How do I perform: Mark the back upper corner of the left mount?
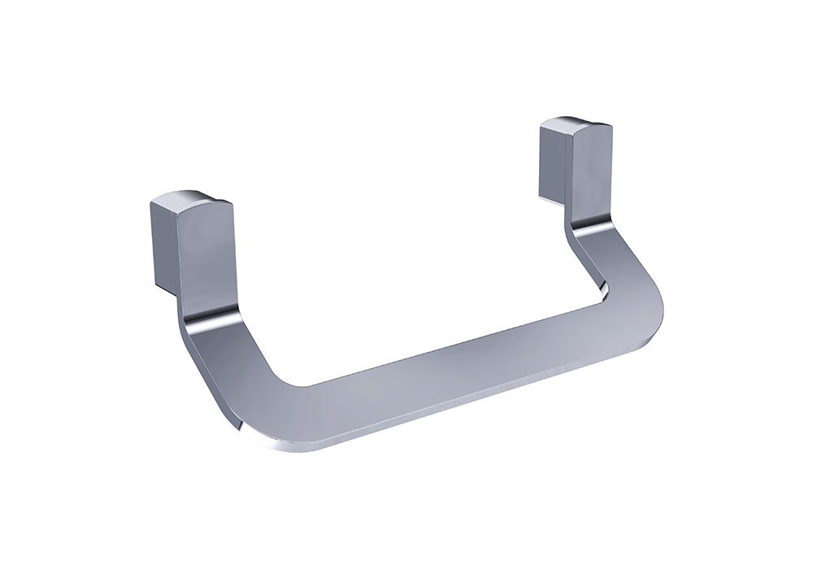click(154, 203)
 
